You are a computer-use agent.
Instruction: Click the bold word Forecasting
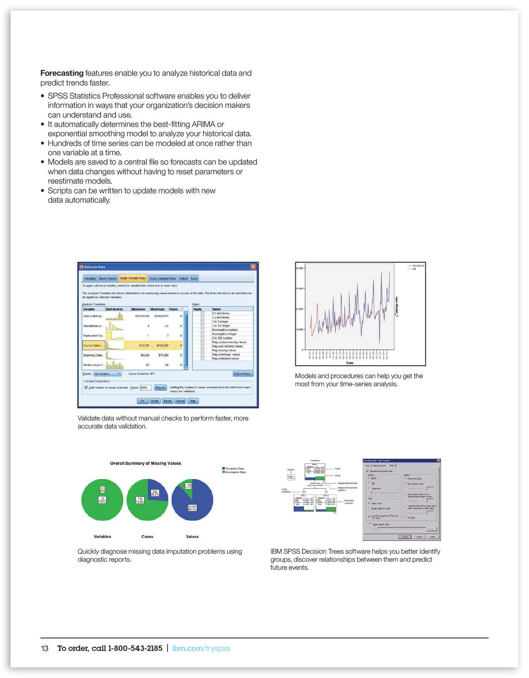62,73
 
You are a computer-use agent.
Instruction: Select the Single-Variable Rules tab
132,278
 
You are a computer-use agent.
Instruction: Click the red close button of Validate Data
253,267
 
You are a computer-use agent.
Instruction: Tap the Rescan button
160,387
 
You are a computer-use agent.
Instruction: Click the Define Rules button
243,374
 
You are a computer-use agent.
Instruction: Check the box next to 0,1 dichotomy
202,313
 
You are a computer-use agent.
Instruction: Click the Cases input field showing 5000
145,387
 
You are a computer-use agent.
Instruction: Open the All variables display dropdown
107,374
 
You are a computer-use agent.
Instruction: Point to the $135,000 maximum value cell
163,346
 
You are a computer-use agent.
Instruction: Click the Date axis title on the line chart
350,363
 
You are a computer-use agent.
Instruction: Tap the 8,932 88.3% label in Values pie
192,508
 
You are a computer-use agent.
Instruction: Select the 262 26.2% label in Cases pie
155,493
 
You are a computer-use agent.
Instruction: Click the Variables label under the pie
102,537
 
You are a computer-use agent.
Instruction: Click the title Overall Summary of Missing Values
146,464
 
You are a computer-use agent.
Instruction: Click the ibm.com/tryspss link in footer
201,648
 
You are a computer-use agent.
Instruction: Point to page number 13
44,648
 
